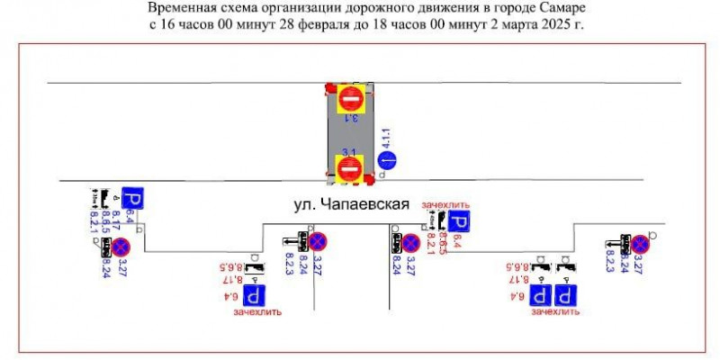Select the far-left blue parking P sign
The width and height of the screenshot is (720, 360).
pyautogui.click(x=133, y=200)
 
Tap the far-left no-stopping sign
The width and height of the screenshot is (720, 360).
pyautogui.click(x=121, y=247)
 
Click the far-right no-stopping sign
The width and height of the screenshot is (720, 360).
pyautogui.click(x=640, y=244)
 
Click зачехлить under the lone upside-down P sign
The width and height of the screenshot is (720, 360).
pyautogui.click(x=257, y=312)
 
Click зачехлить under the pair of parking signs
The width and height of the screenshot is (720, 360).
pyautogui.click(x=554, y=312)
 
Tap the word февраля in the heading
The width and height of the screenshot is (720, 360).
pyautogui.click(x=281, y=24)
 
